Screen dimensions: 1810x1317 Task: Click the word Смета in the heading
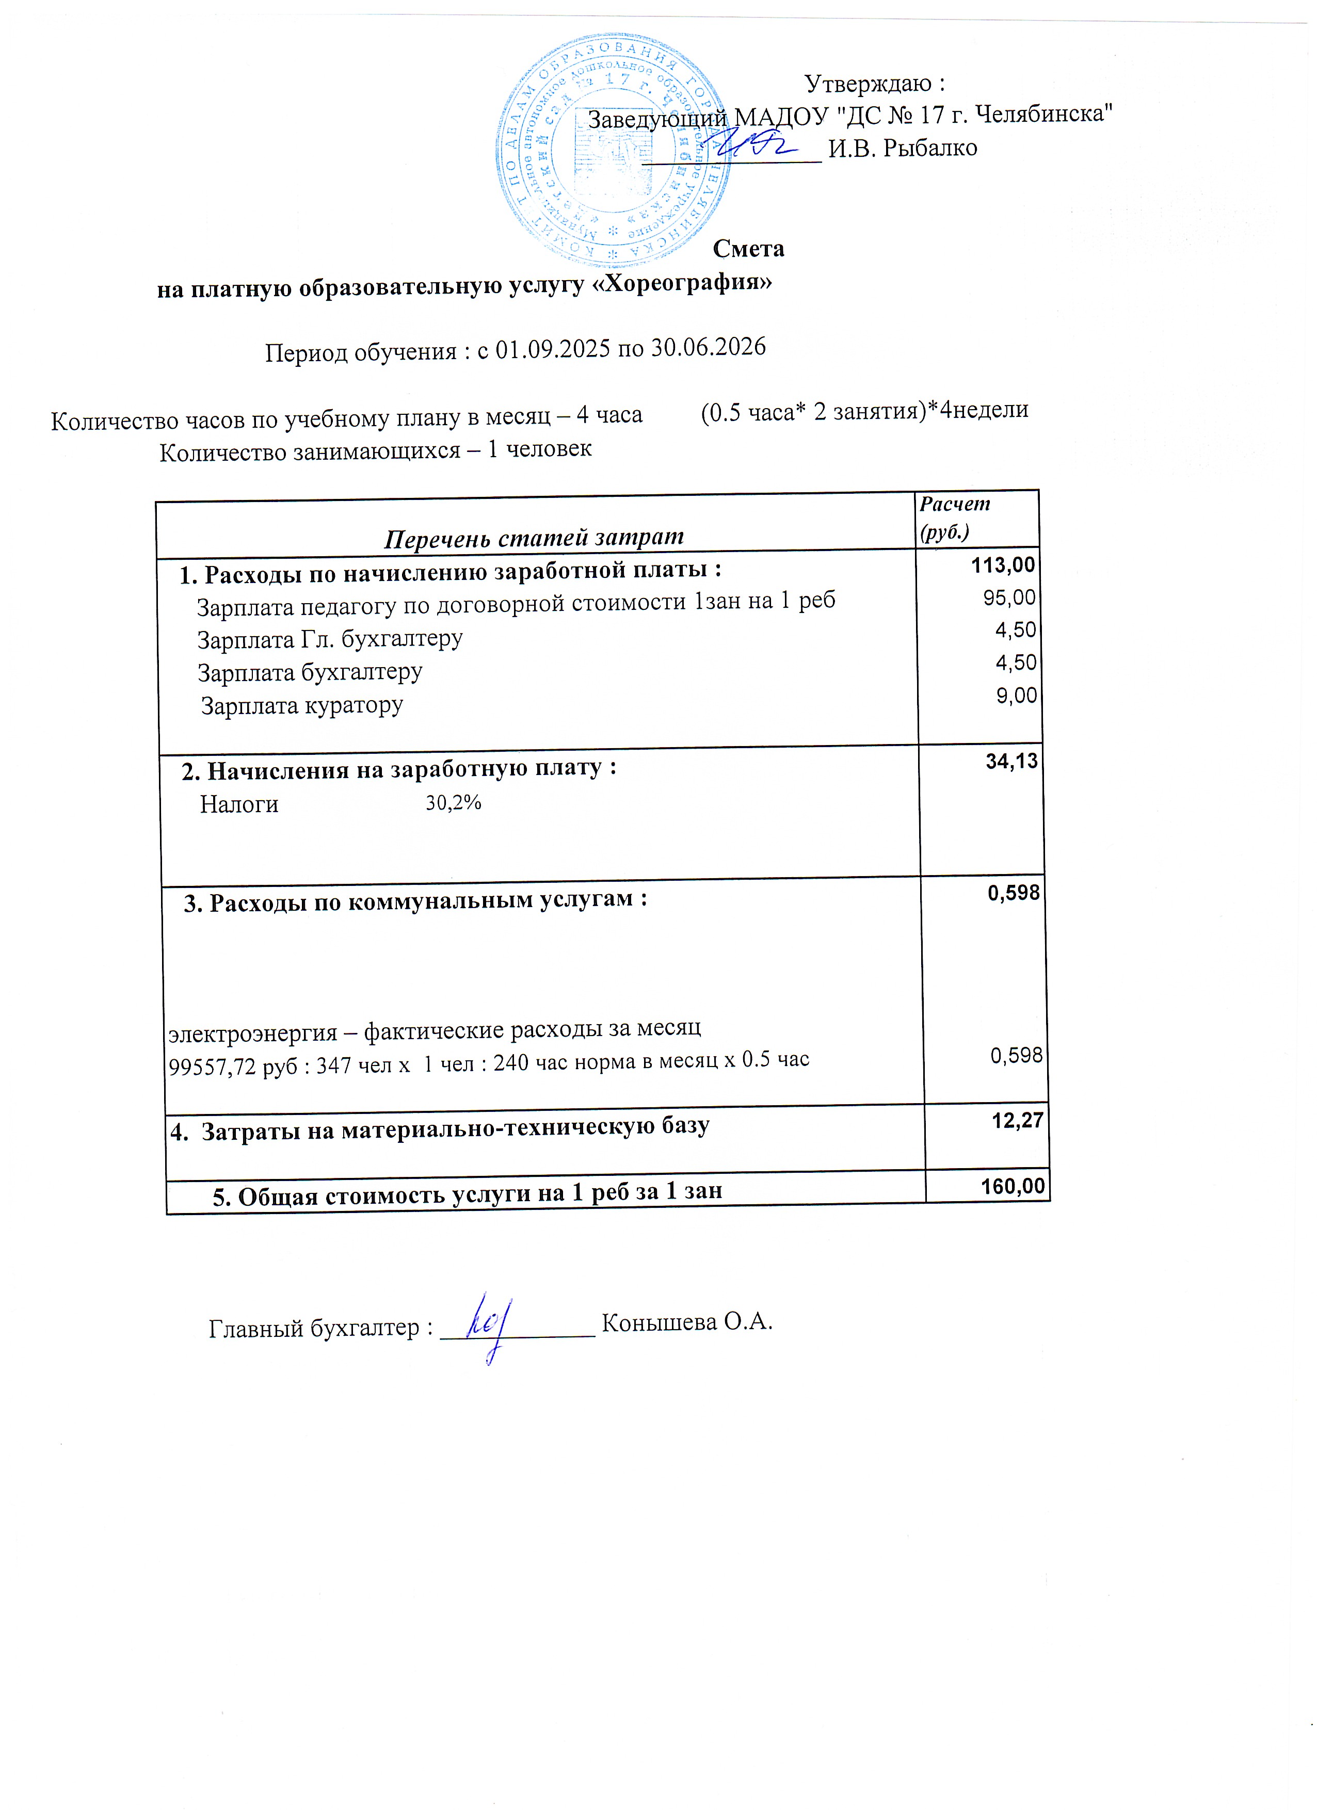click(x=748, y=249)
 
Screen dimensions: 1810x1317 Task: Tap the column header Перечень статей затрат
click(x=534, y=537)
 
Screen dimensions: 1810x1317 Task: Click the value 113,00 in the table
click(x=1003, y=565)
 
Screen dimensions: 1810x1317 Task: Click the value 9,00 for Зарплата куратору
click(x=1016, y=695)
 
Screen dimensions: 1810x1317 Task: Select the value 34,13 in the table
click(x=1011, y=762)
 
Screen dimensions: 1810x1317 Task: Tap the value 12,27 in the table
click(x=1017, y=1121)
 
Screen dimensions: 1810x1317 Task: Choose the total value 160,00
click(x=1012, y=1186)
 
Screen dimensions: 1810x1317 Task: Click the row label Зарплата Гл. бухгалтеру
click(x=330, y=639)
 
